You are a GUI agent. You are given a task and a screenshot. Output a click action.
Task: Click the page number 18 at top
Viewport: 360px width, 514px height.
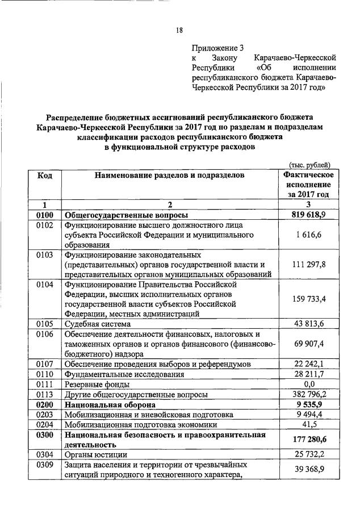[179, 30]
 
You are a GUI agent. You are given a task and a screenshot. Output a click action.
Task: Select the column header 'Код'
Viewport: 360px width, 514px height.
[45, 175]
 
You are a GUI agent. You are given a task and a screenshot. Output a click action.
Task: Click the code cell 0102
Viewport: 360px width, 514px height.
[45, 225]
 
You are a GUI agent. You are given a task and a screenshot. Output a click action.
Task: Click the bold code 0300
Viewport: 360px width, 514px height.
[45, 435]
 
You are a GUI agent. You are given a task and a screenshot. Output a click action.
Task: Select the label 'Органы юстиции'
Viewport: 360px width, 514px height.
[94, 455]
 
